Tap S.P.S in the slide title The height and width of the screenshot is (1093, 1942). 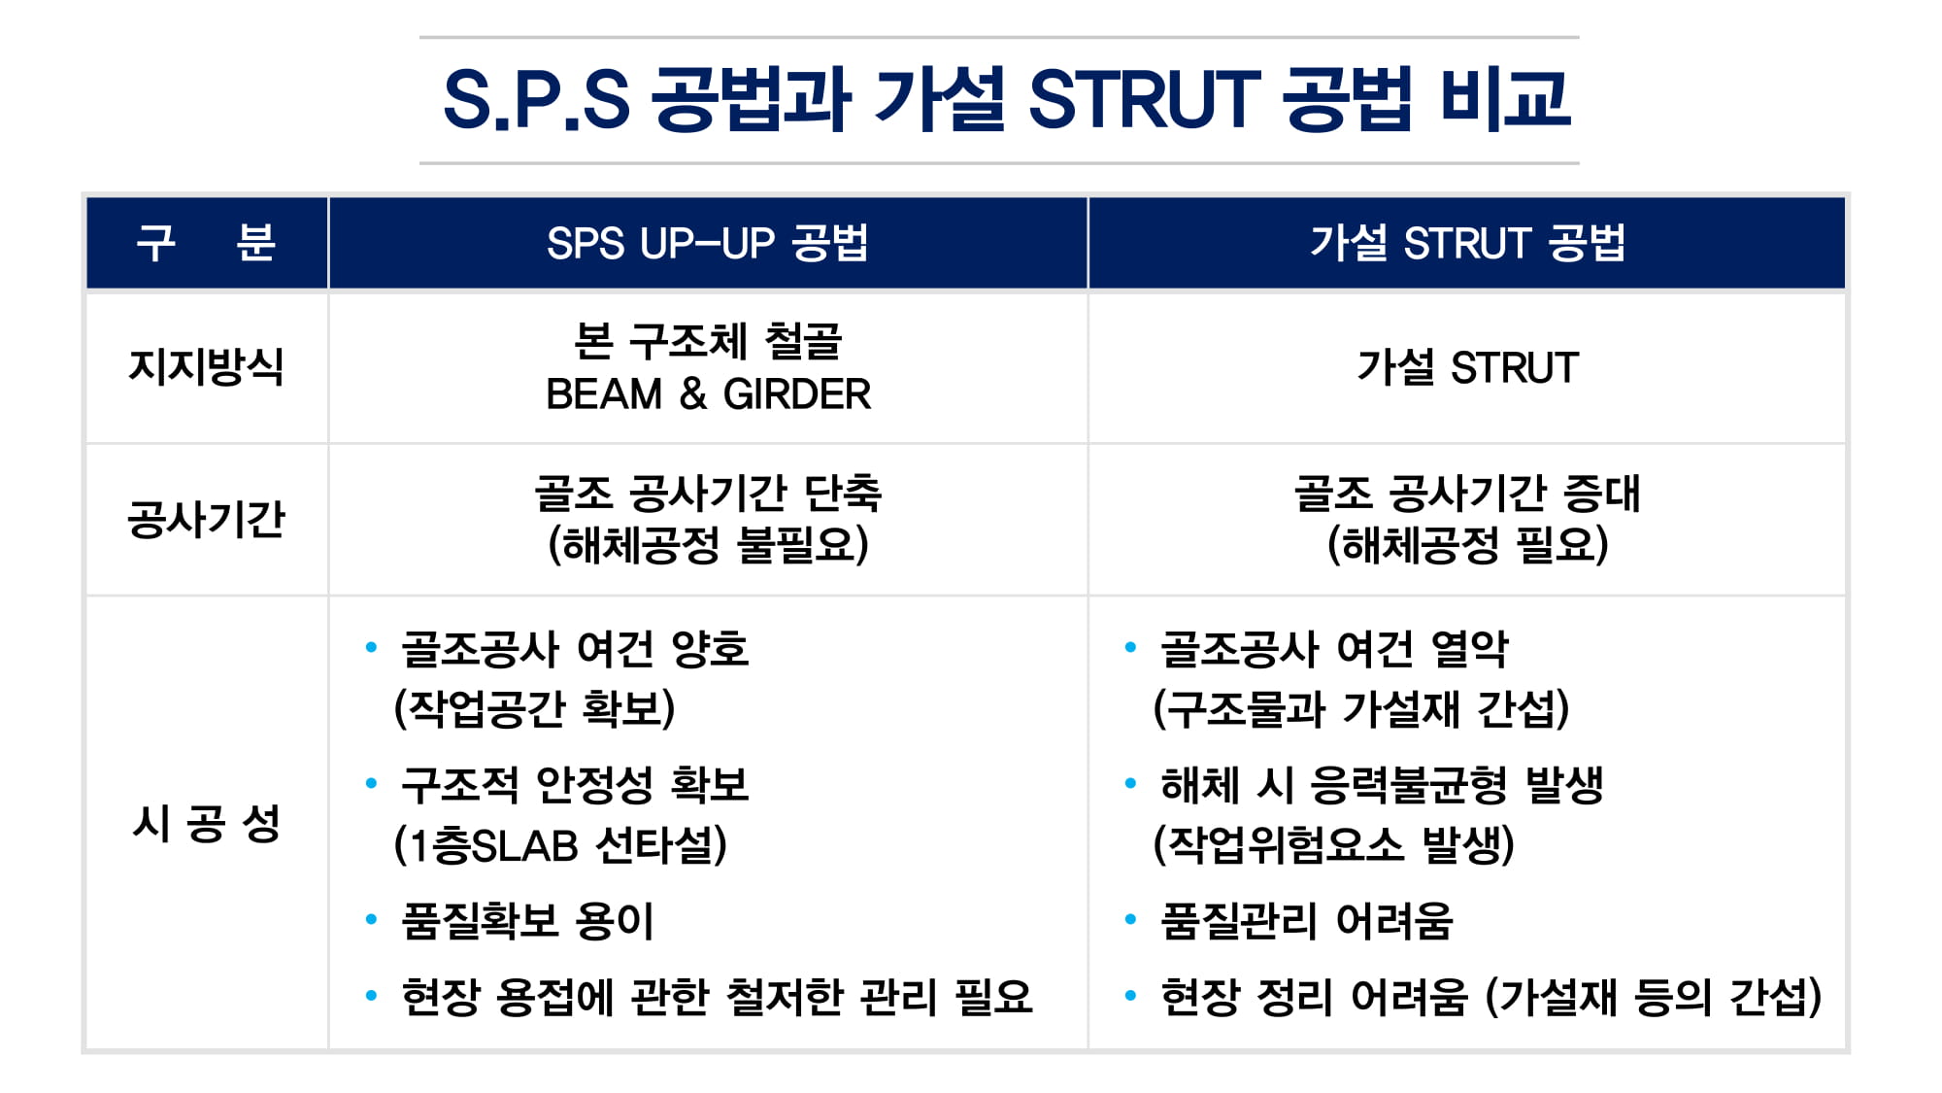[537, 99]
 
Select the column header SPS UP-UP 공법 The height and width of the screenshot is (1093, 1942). [707, 243]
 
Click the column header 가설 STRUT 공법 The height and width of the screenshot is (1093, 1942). [1467, 243]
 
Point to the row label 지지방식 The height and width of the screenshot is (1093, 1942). [207, 367]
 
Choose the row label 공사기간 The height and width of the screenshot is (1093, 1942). [207, 519]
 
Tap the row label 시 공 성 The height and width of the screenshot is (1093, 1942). [207, 823]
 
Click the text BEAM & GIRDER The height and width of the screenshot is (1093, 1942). [708, 394]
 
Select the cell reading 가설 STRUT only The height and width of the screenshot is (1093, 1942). [1467, 367]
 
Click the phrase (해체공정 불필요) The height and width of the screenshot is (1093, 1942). [708, 545]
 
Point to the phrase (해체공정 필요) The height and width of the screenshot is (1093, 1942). [1467, 545]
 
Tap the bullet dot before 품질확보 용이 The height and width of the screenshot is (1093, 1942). [371, 918]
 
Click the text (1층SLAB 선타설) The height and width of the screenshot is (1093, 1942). [560, 844]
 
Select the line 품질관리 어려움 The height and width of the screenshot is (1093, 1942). [1306, 921]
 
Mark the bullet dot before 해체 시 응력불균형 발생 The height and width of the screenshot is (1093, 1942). [1130, 782]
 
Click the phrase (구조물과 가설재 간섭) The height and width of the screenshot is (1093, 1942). [1361, 708]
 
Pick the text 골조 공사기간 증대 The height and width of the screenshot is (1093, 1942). [1467, 493]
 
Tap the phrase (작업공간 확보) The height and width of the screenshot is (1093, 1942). [534, 708]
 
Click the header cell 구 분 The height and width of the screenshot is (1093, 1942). [207, 243]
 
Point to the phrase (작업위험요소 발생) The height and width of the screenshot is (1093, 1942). [1333, 844]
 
